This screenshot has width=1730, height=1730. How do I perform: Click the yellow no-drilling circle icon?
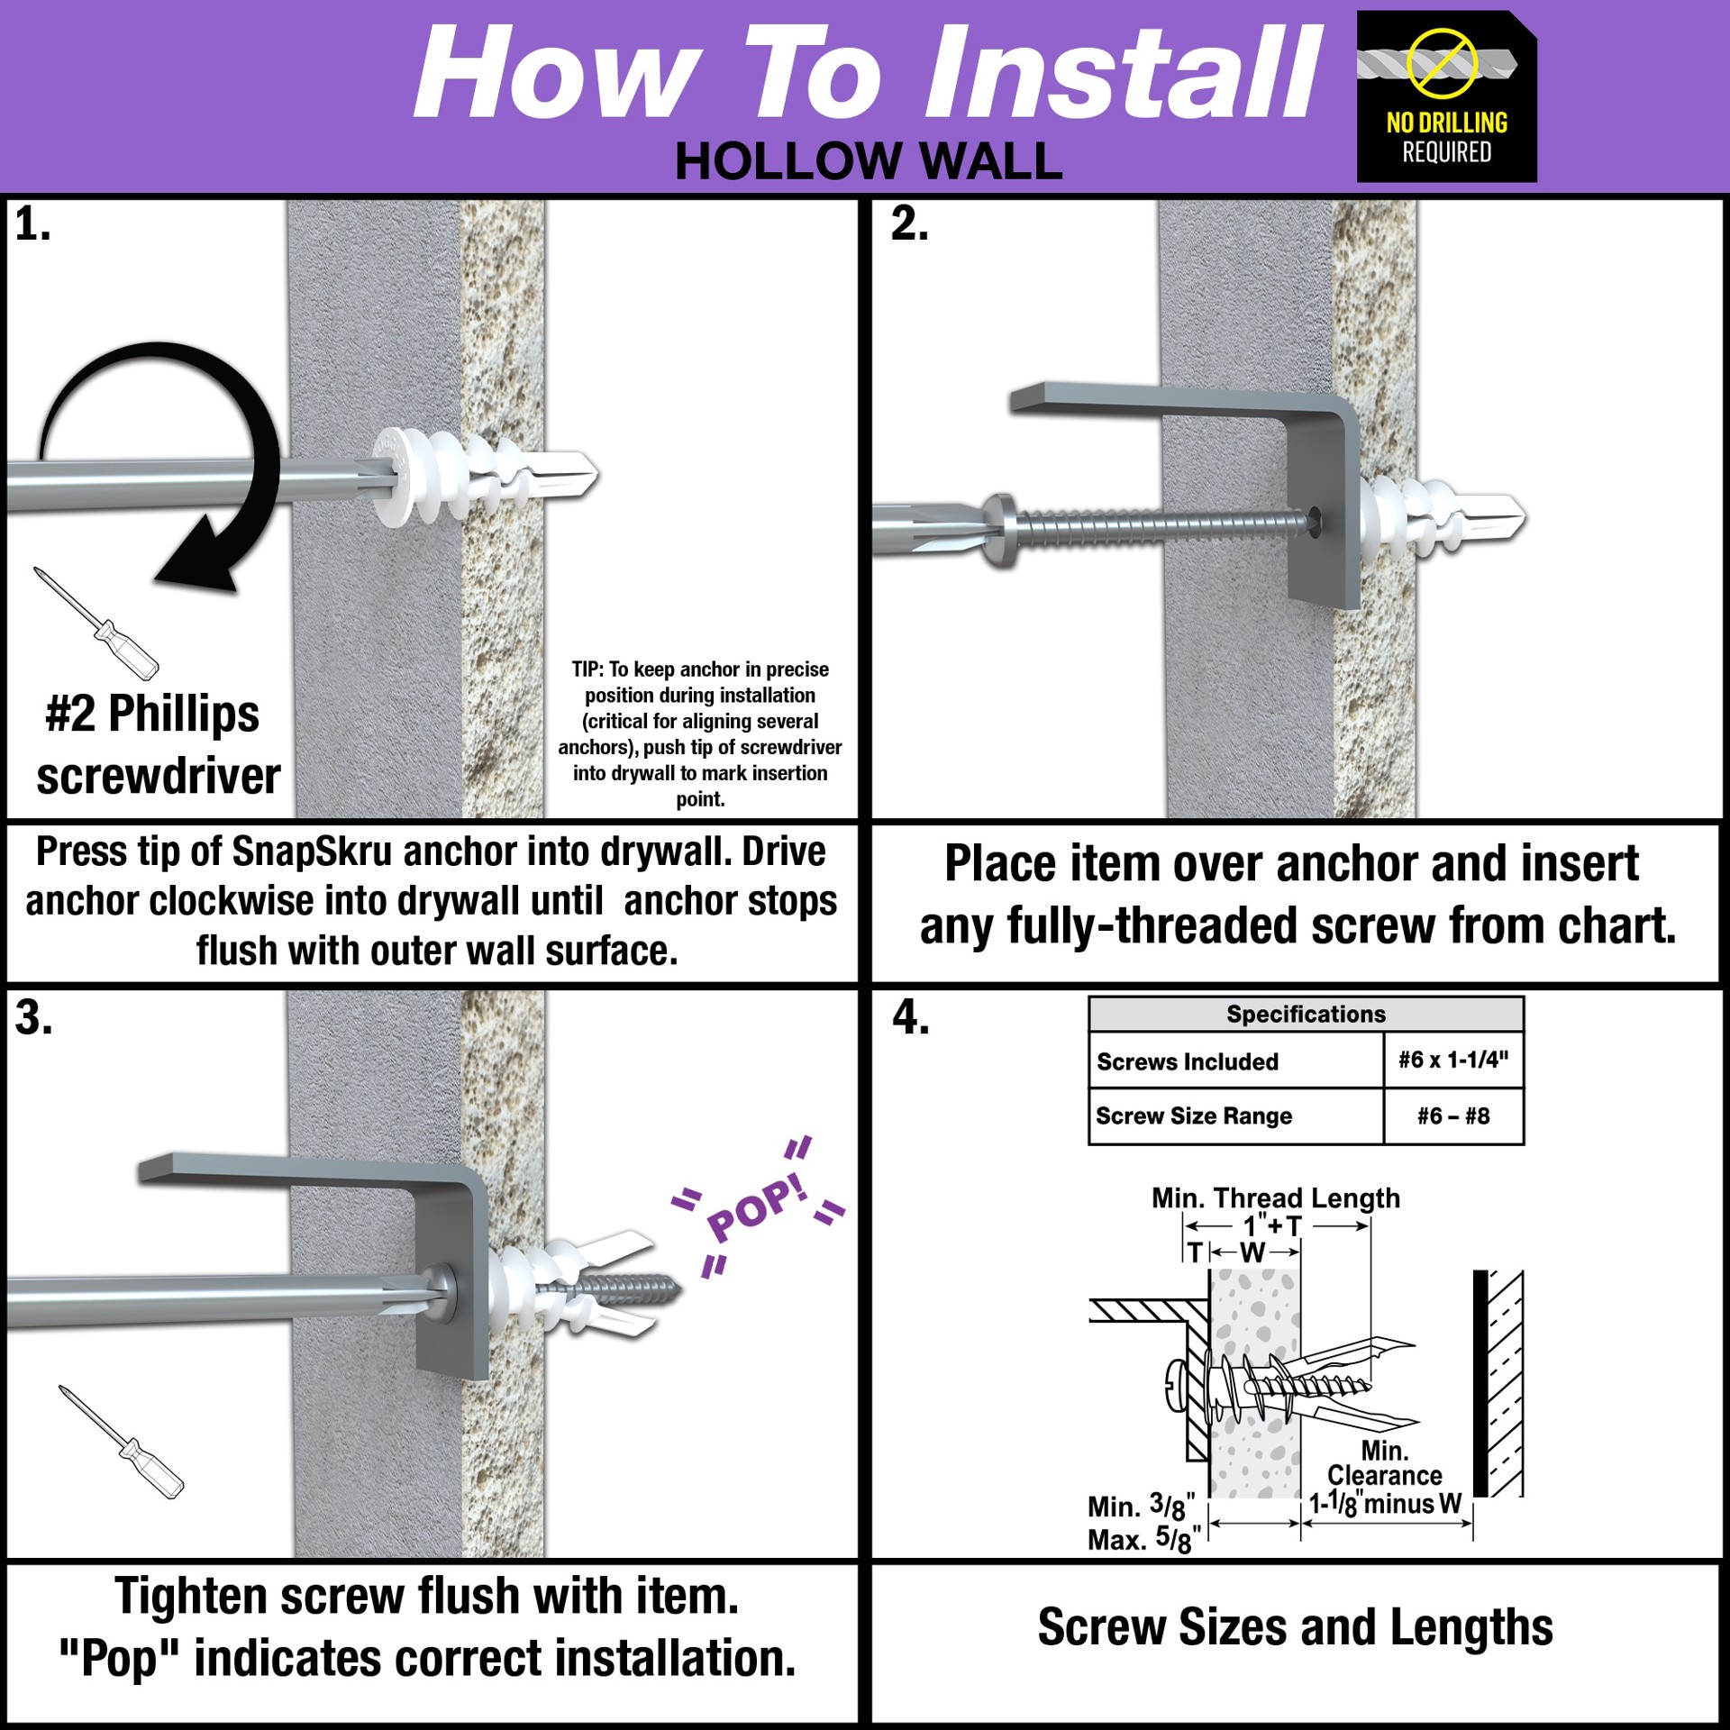pyautogui.click(x=1443, y=61)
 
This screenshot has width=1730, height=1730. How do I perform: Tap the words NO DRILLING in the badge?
pyautogui.click(x=1447, y=123)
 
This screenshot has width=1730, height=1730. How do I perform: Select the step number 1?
pyautogui.click(x=32, y=223)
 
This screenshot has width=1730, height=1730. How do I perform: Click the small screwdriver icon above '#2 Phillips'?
pyautogui.click(x=96, y=623)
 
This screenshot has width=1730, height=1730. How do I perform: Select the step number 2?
pyautogui.click(x=909, y=223)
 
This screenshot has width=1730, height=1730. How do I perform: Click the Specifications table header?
pyautogui.click(x=1306, y=1014)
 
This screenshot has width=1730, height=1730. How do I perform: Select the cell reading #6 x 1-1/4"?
pyautogui.click(x=1453, y=1060)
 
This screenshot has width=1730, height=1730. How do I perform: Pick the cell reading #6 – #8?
pyautogui.click(x=1453, y=1116)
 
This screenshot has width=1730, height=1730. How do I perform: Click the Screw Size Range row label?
pyautogui.click(x=1194, y=1116)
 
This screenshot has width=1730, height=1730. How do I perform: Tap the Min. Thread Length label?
pyautogui.click(x=1276, y=1198)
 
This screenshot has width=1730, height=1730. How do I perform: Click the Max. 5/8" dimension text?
pyautogui.click(x=1144, y=1539)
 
